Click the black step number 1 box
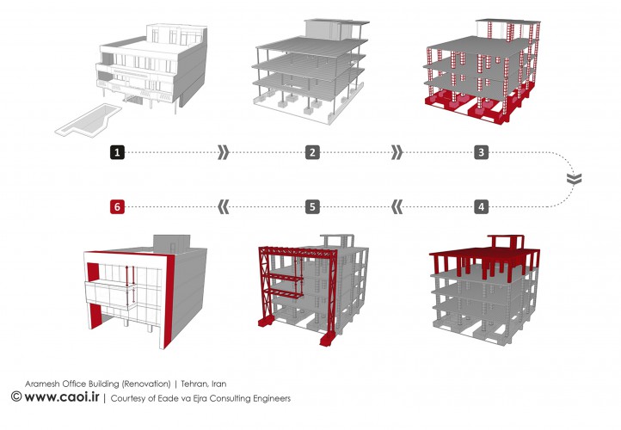point(118,152)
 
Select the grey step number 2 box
point(312,152)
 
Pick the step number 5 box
point(312,206)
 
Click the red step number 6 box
point(118,206)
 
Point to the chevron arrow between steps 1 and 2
point(224,152)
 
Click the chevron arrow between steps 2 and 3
point(396,152)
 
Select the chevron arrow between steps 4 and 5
point(397,206)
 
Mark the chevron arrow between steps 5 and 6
point(224,206)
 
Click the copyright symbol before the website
point(15,397)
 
